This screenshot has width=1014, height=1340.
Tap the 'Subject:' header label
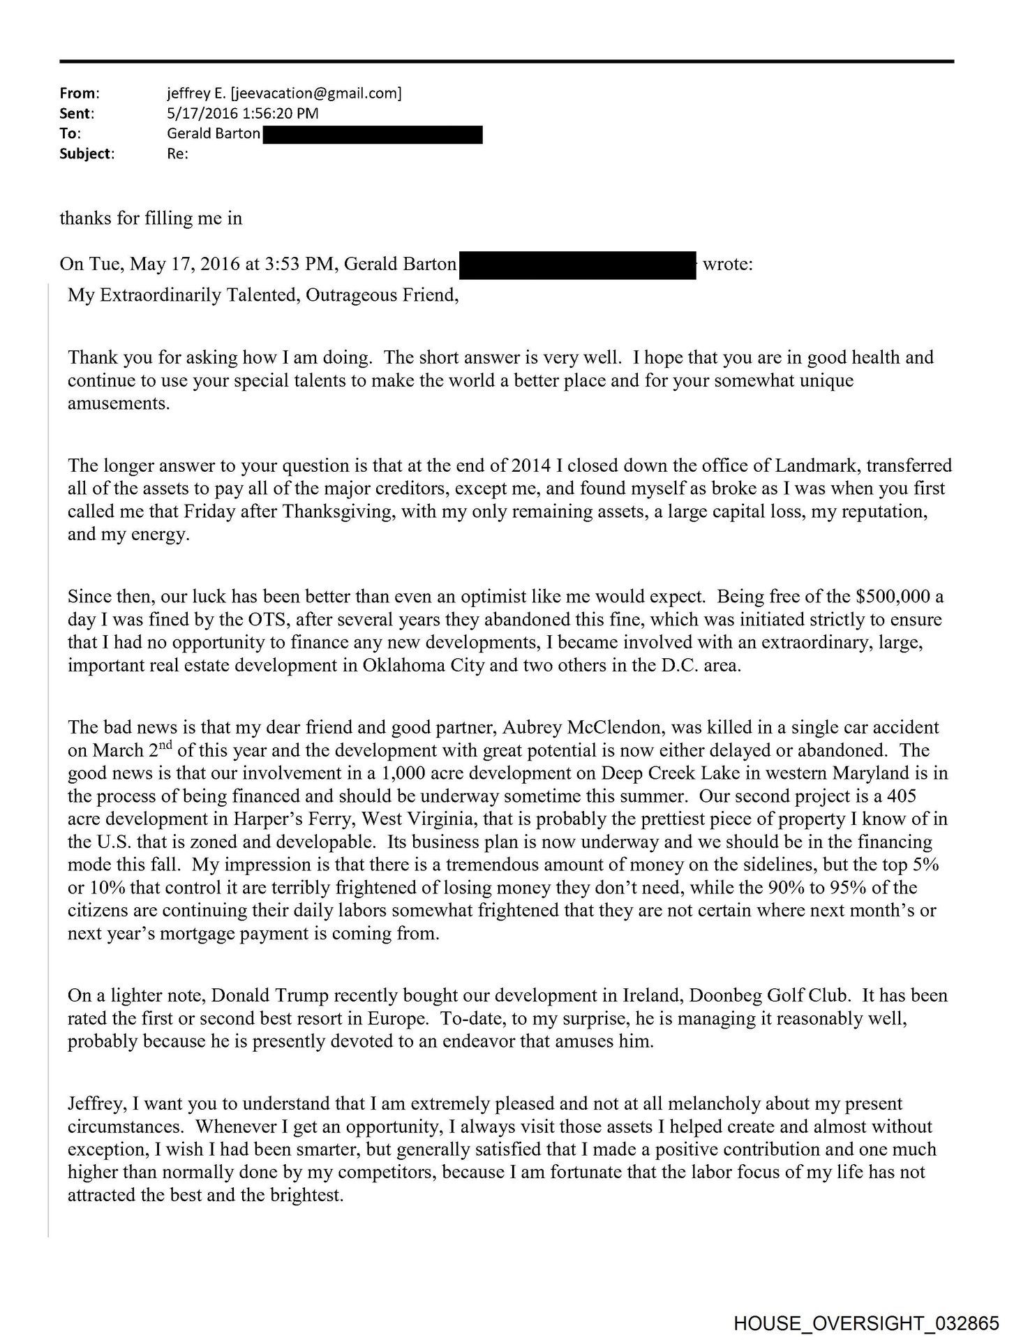pyautogui.click(x=87, y=154)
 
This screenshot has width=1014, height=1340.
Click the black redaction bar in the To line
pyautogui.click(x=373, y=134)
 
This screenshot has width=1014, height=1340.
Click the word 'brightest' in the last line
pyautogui.click(x=307, y=1196)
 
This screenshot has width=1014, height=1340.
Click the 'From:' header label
pyautogui.click(x=79, y=93)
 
